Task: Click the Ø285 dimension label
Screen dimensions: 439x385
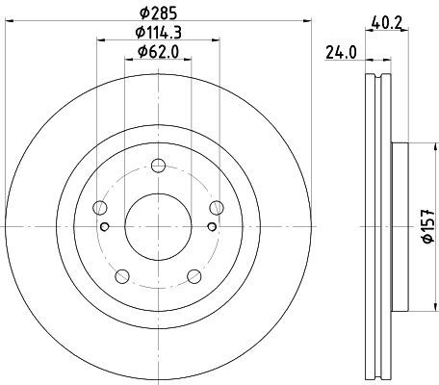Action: pyautogui.click(x=158, y=13)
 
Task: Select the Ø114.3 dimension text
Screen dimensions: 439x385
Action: pyautogui.click(x=158, y=32)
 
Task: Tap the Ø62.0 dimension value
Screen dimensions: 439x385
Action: pyautogui.click(x=158, y=52)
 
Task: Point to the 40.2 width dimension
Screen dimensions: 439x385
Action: pyautogui.click(x=387, y=22)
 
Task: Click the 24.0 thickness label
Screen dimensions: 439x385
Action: pyautogui.click(x=341, y=53)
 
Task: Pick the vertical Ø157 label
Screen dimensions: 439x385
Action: pyautogui.click(x=428, y=226)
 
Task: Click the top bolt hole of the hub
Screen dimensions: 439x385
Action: pyautogui.click(x=158, y=166)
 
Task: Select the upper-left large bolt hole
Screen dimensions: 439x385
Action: pyautogui.click(x=99, y=208)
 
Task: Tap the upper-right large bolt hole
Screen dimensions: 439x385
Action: pyautogui.click(x=217, y=208)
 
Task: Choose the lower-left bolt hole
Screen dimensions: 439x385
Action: pyautogui.click(x=122, y=276)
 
